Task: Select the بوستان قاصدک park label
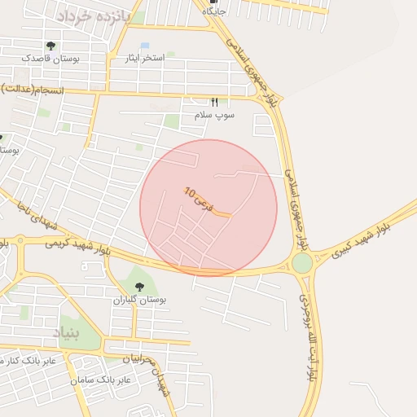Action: pyautogui.click(x=50, y=59)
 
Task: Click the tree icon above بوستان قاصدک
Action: pyautogui.click(x=51, y=46)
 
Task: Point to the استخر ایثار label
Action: pyautogui.click(x=145, y=58)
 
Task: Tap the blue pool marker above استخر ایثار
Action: pyautogui.click(x=145, y=46)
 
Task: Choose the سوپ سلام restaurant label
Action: pyautogui.click(x=214, y=116)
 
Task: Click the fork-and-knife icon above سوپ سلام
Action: pyautogui.click(x=215, y=103)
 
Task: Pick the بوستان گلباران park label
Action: pyautogui.click(x=139, y=300)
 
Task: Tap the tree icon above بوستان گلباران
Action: pyautogui.click(x=139, y=287)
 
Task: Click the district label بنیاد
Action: pyautogui.click(x=68, y=331)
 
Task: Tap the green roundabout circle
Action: pyautogui.click(x=302, y=263)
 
